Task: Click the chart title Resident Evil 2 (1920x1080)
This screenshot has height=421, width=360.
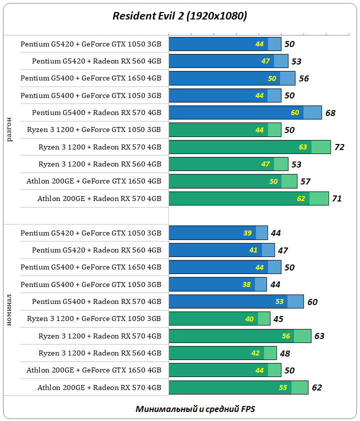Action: click(x=179, y=16)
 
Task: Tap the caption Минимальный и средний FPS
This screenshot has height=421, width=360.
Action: click(x=195, y=408)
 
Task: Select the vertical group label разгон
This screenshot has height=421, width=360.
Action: click(x=10, y=129)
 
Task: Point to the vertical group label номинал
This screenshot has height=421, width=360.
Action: click(x=10, y=310)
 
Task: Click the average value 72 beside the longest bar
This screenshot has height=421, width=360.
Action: click(x=339, y=147)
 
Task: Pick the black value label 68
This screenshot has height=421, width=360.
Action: click(x=330, y=113)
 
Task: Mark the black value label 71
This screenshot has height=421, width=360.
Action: click(x=337, y=198)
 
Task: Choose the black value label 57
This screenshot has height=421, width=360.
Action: click(x=305, y=181)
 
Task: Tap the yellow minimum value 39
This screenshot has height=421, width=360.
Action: click(x=247, y=233)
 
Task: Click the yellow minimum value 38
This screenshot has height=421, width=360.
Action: click(x=246, y=284)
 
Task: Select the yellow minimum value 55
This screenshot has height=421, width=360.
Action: click(x=283, y=387)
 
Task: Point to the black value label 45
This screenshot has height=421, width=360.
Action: click(x=278, y=319)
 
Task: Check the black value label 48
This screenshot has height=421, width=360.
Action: click(x=285, y=353)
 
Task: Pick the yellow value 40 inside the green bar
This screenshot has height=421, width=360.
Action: click(x=249, y=319)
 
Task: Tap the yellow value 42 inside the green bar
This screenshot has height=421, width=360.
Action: click(x=255, y=353)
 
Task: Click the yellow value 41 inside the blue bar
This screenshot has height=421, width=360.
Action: click(x=253, y=250)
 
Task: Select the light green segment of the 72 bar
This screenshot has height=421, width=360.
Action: click(x=321, y=147)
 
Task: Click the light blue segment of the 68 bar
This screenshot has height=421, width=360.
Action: click(x=312, y=112)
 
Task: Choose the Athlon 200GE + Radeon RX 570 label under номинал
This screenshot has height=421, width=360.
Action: click(x=99, y=387)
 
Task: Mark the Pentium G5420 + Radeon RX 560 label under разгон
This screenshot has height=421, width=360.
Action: click(x=96, y=61)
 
